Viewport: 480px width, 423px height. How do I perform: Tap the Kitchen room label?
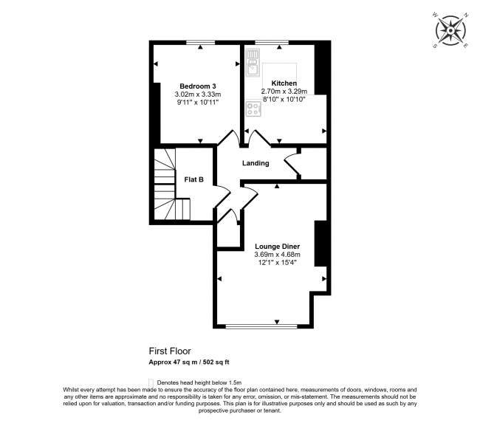(x=284, y=83)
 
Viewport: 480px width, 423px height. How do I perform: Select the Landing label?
(x=255, y=163)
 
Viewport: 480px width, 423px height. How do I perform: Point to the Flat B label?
(x=193, y=179)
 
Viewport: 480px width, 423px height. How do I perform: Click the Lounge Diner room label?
(x=277, y=246)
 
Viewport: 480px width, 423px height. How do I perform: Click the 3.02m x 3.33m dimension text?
(x=198, y=94)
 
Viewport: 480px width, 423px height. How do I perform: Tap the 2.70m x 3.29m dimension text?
(x=284, y=92)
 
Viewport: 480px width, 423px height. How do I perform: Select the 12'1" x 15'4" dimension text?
(x=277, y=264)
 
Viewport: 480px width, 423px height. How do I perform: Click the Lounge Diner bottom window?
(x=262, y=326)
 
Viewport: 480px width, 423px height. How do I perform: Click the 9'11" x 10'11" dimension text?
(x=198, y=103)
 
